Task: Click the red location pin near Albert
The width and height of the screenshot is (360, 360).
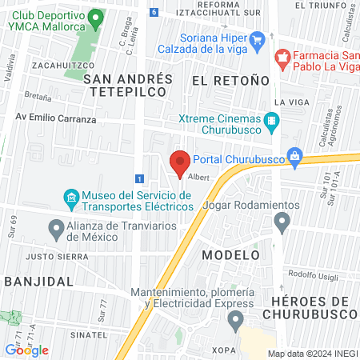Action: pos(179,162)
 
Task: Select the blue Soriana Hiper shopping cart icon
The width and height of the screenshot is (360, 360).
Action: pos(257,39)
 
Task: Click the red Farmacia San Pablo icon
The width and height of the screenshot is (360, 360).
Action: pos(282,57)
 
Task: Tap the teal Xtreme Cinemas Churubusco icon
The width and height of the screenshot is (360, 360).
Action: pos(273,122)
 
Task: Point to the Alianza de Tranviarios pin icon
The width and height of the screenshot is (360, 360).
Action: pos(56,230)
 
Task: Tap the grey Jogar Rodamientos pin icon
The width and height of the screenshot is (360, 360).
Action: pos(280,226)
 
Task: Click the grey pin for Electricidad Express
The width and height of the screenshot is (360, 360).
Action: pos(235,322)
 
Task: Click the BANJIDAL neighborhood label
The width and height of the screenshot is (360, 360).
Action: pos(39,282)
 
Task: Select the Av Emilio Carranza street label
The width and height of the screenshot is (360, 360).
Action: pos(55,119)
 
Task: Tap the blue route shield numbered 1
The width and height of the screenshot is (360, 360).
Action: pos(140,178)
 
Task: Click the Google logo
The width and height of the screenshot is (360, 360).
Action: pos(27,350)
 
